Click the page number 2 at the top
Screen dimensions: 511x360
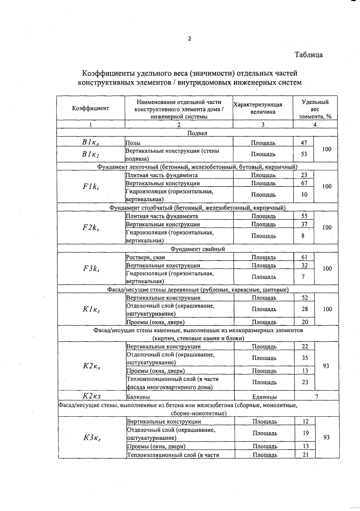[x=189, y=39]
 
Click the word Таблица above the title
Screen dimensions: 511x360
[x=308, y=55]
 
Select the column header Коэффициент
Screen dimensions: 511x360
[x=91, y=108]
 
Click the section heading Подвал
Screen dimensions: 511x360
[x=197, y=133]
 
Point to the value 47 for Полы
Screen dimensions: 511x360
[x=304, y=143]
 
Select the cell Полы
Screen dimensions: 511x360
[x=133, y=143]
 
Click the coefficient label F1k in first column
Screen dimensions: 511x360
[x=91, y=186]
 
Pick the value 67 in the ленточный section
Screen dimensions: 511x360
[x=304, y=183]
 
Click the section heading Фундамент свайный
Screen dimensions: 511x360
[x=198, y=249]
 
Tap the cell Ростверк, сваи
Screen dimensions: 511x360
[x=145, y=257]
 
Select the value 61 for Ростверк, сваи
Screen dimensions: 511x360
[x=304, y=257]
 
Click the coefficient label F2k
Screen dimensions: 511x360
[x=91, y=228]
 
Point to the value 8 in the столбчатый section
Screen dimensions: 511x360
[x=303, y=236]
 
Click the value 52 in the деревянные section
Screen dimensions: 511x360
[x=305, y=298]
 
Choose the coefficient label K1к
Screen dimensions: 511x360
[x=91, y=309]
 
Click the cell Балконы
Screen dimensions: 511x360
[x=138, y=397]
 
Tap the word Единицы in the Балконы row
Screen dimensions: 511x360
[x=264, y=397]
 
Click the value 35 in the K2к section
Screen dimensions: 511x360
[x=305, y=358]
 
